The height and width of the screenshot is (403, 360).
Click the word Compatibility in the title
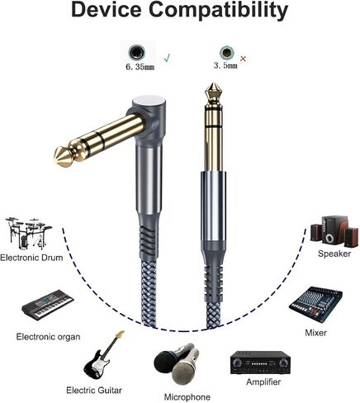[219, 11]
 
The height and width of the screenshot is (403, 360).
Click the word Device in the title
[107, 9]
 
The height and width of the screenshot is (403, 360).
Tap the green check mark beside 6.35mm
[167, 58]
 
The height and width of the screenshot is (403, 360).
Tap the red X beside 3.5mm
[243, 59]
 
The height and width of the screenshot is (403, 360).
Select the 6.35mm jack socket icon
[137, 52]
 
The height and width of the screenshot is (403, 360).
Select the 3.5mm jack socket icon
[227, 52]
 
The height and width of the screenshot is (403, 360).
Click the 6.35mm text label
[140, 67]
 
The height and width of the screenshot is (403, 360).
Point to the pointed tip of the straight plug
[213, 83]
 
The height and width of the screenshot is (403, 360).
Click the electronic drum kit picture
[28, 233]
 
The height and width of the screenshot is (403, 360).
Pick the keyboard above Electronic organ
[48, 305]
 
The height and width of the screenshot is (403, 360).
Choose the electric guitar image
[104, 356]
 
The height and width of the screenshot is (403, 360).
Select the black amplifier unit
[260, 363]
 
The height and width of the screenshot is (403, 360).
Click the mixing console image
[316, 305]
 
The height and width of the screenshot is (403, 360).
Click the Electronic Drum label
[31, 258]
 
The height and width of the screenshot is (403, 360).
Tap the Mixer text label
[315, 333]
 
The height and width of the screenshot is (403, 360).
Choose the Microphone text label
[187, 397]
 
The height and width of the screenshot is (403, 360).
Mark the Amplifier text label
[263, 382]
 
